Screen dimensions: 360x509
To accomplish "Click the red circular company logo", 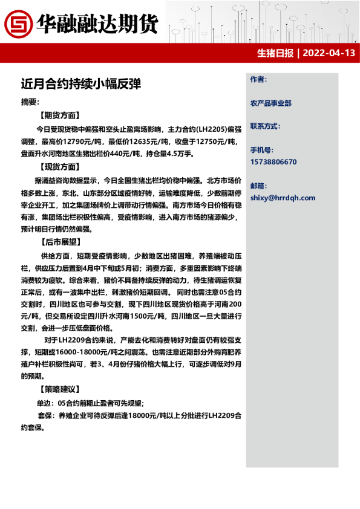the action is [x=17, y=23].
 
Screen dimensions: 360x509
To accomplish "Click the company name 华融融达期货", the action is [x=97, y=23].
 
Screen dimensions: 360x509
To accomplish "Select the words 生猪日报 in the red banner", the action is [x=275, y=53].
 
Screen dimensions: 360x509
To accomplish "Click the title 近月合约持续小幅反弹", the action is [x=80, y=83].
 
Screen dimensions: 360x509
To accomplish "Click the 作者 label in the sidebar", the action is [x=258, y=79].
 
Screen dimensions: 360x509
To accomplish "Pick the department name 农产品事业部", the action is [x=270, y=103].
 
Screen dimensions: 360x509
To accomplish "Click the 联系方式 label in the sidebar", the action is [x=265, y=126].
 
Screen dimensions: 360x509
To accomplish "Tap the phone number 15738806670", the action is [x=273, y=162].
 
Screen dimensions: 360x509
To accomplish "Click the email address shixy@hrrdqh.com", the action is [x=283, y=198].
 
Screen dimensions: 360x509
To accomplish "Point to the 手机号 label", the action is [x=261, y=149].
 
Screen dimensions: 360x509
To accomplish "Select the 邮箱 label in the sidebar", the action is [x=258, y=185].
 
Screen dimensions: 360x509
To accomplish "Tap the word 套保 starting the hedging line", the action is [x=44, y=416].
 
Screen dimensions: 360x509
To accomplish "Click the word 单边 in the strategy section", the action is [x=44, y=403].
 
